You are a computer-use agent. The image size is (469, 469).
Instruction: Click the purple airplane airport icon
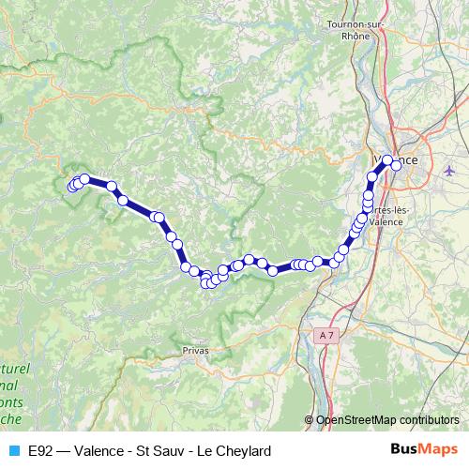click(x=449, y=171)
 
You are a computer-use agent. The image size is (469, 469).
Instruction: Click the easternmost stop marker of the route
click(x=396, y=165)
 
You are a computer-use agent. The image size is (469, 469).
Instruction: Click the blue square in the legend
click(x=13, y=450)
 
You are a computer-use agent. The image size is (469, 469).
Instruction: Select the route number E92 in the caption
click(x=40, y=450)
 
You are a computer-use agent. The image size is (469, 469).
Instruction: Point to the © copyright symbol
click(x=310, y=420)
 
